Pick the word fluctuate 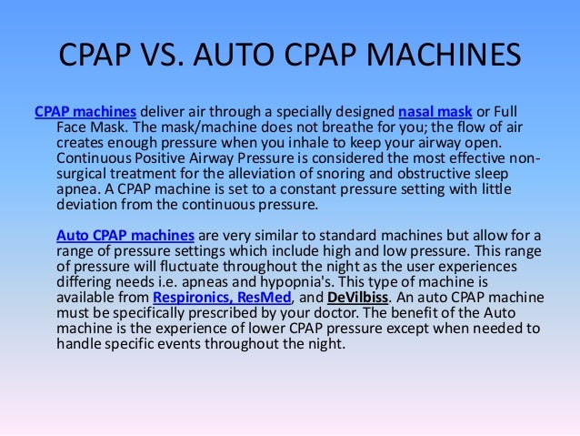(x=198, y=268)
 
